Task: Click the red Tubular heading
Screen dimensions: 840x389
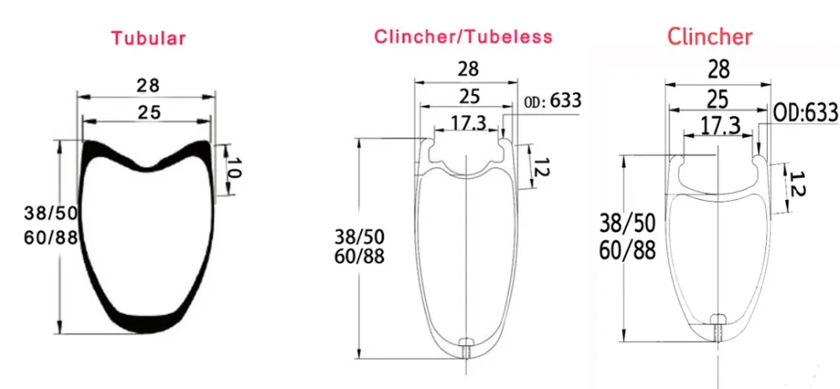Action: [x=149, y=39]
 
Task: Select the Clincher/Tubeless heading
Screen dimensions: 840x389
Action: [x=463, y=36]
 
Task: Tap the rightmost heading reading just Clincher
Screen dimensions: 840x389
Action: [x=709, y=36]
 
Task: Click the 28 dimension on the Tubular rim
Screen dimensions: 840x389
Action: [x=147, y=86]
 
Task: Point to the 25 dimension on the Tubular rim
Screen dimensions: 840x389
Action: [x=149, y=113]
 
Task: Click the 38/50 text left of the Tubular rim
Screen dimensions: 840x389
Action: [x=51, y=213]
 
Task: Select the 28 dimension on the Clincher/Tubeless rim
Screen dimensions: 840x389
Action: [x=468, y=69]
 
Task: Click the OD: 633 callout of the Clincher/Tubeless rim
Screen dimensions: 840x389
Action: [x=553, y=101]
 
